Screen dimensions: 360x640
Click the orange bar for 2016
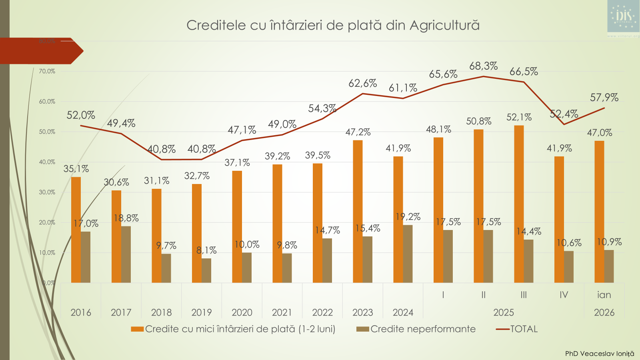pyautogui.click(x=76, y=230)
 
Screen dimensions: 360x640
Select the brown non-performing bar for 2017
pyautogui.click(x=126, y=255)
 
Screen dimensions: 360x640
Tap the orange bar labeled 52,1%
pyautogui.click(x=519, y=204)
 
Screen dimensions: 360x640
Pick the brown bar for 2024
pyautogui.click(x=408, y=254)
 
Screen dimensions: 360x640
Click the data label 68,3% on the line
pyautogui.click(x=483, y=66)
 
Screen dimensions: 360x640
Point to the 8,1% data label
pyautogui.click(x=206, y=250)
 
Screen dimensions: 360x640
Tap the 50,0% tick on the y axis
pyautogui.click(x=47, y=132)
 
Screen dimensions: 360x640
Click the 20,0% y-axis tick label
pyautogui.click(x=47, y=222)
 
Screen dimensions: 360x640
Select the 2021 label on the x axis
pyautogui.click(x=282, y=312)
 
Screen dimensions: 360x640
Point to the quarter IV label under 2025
pyautogui.click(x=564, y=295)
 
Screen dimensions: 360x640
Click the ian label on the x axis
pyautogui.click(x=604, y=295)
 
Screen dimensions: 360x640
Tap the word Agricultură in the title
pyautogui.click(x=444, y=25)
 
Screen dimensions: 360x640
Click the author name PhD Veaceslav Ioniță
pyautogui.click(x=599, y=354)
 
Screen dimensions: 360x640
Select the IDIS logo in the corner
pyautogui.click(x=623, y=16)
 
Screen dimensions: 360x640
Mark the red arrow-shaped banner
pyautogui.click(x=40, y=51)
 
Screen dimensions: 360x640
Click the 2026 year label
pyautogui.click(x=604, y=312)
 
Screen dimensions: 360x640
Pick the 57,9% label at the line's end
pyautogui.click(x=604, y=98)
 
